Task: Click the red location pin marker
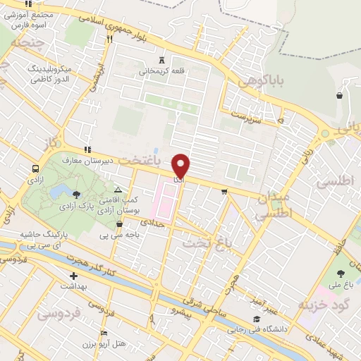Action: (x=181, y=165)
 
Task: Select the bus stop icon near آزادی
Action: (x=35, y=169)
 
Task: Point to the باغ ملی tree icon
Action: (x=342, y=273)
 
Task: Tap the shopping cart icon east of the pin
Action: (x=224, y=190)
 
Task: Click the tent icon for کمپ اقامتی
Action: (x=118, y=190)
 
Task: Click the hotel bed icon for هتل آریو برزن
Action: (x=104, y=333)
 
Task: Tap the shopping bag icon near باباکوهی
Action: (x=340, y=95)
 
